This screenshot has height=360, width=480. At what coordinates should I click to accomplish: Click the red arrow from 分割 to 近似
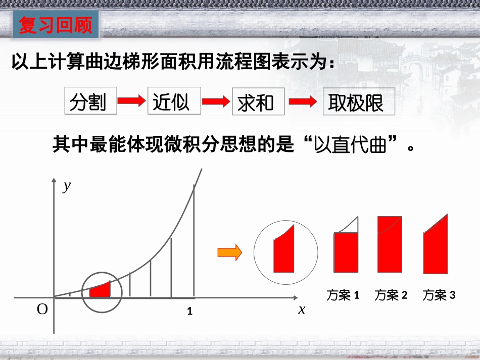pos(131,101)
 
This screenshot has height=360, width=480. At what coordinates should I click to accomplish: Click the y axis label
pos(67,186)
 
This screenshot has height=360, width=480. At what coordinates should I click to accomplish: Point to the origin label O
pos(42,310)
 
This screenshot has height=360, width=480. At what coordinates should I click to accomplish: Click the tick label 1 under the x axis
pos(190,312)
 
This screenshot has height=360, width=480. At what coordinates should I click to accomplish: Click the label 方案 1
pos(343,295)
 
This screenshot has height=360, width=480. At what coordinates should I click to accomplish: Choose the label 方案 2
pos(391,295)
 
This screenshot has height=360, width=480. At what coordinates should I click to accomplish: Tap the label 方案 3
pos(439,295)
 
